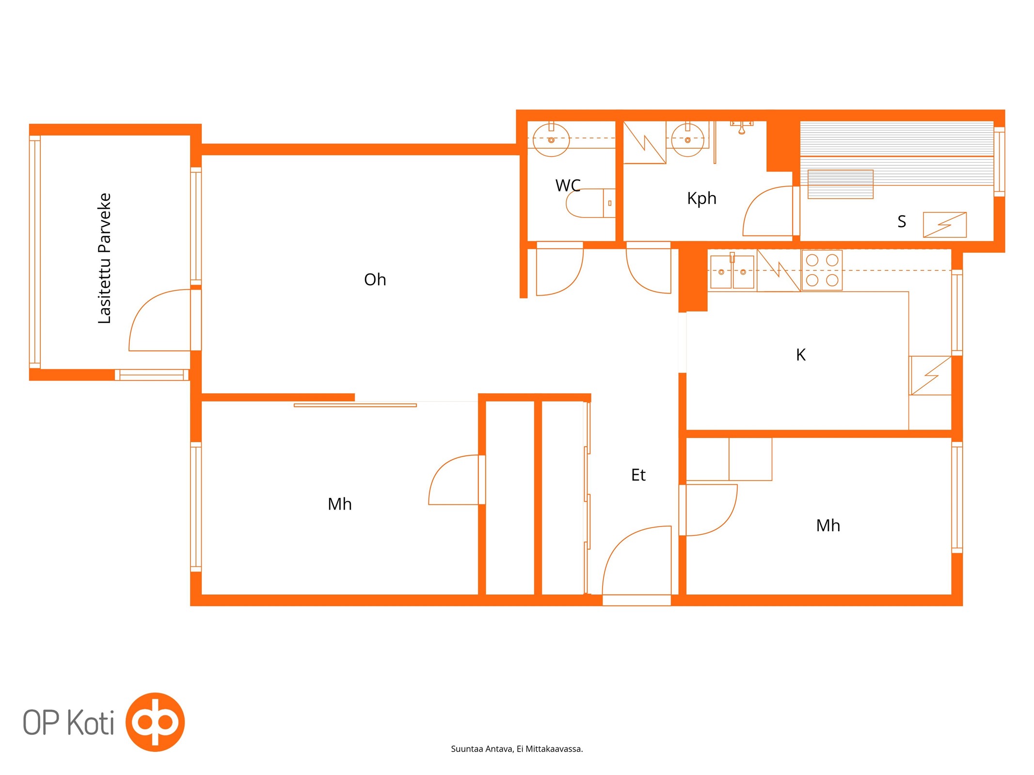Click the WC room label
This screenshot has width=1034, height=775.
coord(568,186)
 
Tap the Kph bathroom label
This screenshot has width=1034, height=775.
coord(701,198)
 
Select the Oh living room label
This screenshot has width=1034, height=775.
coord(375,279)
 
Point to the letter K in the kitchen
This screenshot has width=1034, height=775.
coord(800,355)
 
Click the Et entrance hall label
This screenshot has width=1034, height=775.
coord(638,475)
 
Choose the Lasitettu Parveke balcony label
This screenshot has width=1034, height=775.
coord(105,258)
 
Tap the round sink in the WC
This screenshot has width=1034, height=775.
coord(551,139)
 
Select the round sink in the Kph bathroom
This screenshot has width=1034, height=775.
coord(687,139)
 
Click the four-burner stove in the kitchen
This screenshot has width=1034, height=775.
coord(822,270)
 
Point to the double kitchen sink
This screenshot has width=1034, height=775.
coord(732,272)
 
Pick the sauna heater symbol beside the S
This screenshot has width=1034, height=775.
coord(944,225)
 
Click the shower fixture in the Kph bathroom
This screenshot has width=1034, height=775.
coord(742,127)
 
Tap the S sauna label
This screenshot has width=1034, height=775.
coord(901,221)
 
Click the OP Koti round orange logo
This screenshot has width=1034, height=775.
coord(155,722)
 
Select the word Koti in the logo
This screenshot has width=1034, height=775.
coord(91,723)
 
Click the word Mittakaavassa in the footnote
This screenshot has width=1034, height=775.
coord(554,749)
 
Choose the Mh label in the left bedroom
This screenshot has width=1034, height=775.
coord(339,504)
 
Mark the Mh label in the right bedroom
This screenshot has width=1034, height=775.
coord(828,526)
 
